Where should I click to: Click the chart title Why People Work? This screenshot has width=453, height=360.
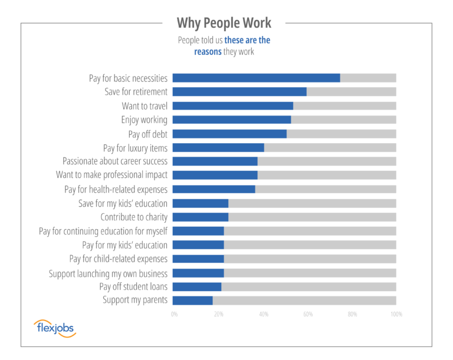[224, 23]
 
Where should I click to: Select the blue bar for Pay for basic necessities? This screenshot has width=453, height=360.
[256, 78]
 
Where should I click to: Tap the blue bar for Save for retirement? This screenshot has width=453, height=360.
[239, 92]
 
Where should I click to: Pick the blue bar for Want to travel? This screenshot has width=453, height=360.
[232, 106]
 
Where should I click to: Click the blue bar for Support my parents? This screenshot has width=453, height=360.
[192, 300]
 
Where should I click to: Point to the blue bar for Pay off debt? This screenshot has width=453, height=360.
[229, 134]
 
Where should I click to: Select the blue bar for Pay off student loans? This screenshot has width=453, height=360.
[197, 287]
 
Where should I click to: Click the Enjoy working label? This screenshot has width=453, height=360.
[144, 120]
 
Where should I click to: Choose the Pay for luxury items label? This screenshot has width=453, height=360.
[135, 148]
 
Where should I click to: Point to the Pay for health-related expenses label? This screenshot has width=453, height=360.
[116, 190]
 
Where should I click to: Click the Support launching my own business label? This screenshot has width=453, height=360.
[108, 273]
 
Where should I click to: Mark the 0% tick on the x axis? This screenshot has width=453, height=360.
[174, 315]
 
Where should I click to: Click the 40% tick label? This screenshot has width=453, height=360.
[263, 315]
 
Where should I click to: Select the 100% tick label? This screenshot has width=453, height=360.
[396, 315]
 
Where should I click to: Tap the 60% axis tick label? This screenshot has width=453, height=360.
[308, 315]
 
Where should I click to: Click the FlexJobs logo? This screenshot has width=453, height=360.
[55, 328]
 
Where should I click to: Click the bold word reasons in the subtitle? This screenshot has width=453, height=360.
[208, 52]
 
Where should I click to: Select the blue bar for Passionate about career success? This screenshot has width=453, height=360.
[215, 161]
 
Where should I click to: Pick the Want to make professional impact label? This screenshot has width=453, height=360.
[111, 175]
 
